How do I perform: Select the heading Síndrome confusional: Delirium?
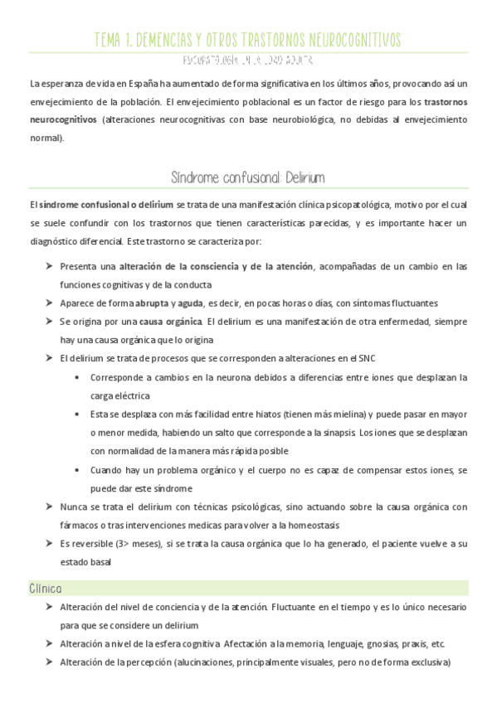point(247,178)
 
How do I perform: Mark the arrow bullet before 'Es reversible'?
point(48,543)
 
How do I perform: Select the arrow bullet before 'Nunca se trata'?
point(48,507)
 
